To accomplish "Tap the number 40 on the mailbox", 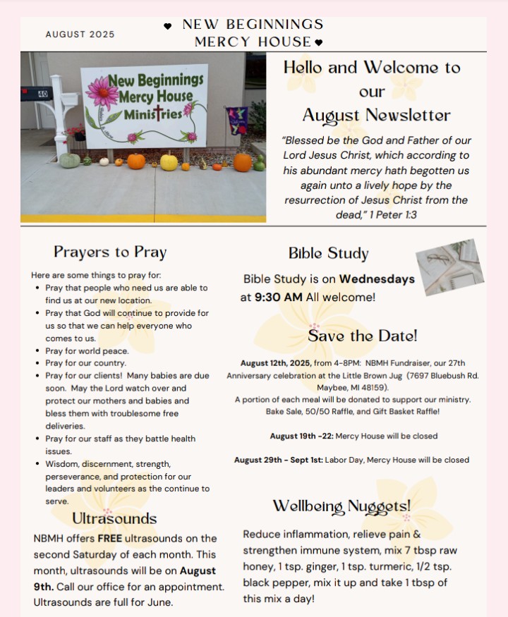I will point(42,92).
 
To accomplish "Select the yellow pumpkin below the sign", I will point(169,161).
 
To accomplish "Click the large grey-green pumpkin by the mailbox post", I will point(70,161).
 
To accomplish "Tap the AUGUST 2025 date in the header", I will point(79,35).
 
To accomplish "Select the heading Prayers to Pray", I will point(110,252).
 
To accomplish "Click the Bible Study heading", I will point(328,254).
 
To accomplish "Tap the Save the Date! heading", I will point(362,336).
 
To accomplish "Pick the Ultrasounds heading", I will point(114,518).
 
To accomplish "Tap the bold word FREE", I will point(110,539).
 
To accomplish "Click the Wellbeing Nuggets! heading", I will point(341,506).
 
